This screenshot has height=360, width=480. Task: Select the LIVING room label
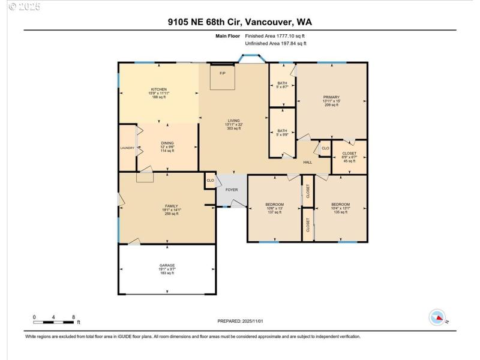coord(233,121)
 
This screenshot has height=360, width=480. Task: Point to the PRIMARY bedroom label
coord(331,97)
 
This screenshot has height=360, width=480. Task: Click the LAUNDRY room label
coord(127,148)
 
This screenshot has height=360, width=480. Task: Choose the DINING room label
coord(167,143)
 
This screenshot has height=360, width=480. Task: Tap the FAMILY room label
coord(172,206)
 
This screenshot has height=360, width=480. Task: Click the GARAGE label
coord(167,265)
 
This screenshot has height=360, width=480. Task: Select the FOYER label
coord(232,190)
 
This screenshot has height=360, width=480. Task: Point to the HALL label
coord(307,162)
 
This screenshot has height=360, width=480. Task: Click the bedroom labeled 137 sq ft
coord(274,205)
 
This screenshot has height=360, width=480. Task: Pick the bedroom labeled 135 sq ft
coord(340,205)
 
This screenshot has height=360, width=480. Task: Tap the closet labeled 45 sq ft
coord(349,154)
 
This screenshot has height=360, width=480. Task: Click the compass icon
coord(437,317)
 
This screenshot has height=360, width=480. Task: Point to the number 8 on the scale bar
coord(73,317)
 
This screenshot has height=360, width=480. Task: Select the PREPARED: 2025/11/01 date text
coord(240,322)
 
